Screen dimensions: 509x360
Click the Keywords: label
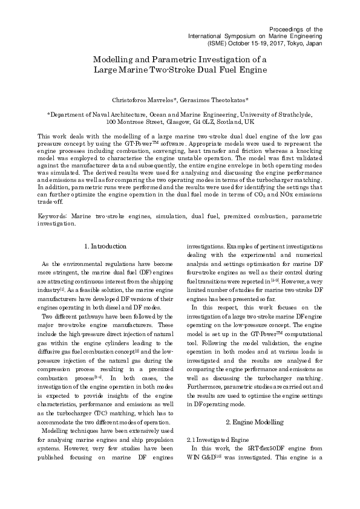coord(52,215)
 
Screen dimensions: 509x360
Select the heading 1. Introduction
coord(122,246)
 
